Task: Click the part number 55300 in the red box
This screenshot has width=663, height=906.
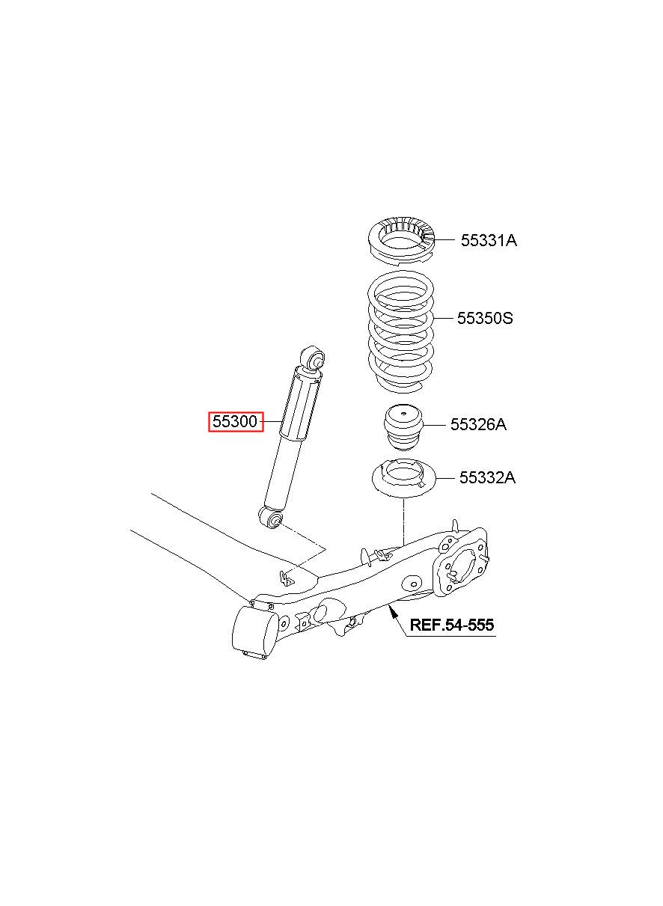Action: pos(234,422)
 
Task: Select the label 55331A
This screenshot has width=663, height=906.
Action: pos(489,240)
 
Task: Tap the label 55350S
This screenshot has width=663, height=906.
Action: pos(485,319)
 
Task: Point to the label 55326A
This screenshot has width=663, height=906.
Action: pos(478,425)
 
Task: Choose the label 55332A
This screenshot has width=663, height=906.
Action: pos(487,477)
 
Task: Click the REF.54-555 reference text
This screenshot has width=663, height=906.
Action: pos(451,625)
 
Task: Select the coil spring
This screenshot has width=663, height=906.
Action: pos(402,333)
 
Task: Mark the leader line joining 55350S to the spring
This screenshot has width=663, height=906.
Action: pos(444,319)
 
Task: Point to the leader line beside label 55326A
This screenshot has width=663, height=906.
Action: pos(436,426)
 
